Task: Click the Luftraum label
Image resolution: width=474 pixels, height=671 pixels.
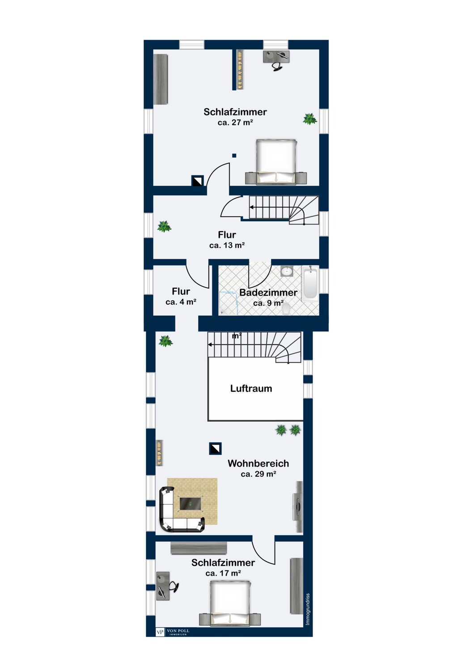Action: pos(251,389)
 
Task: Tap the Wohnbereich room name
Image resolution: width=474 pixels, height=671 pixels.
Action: pos(258,463)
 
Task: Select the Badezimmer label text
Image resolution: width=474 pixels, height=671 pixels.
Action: pos(268,293)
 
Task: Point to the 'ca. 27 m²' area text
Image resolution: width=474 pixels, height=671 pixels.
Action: pos(235,122)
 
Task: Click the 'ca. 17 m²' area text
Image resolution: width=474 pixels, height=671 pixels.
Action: pos(223,573)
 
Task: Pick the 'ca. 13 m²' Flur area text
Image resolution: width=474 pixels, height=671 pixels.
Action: pos(227,245)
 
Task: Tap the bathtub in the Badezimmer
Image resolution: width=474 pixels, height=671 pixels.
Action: pos(310,283)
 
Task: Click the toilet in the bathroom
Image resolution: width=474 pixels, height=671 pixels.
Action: pos(286,309)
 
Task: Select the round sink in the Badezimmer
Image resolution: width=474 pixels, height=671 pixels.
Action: pos(287,272)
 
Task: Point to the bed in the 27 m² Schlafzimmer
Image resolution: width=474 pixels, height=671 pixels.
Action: pos(276,162)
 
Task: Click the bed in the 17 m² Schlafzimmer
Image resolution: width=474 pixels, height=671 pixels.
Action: pos(230,603)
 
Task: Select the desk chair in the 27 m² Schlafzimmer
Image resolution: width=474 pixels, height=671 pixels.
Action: pos(278,66)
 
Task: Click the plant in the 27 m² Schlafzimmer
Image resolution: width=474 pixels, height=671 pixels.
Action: pos(309,119)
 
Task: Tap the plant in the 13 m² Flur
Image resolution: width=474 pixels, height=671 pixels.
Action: pos(164,226)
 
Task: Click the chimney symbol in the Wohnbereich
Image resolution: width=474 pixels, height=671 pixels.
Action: pos(215,448)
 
